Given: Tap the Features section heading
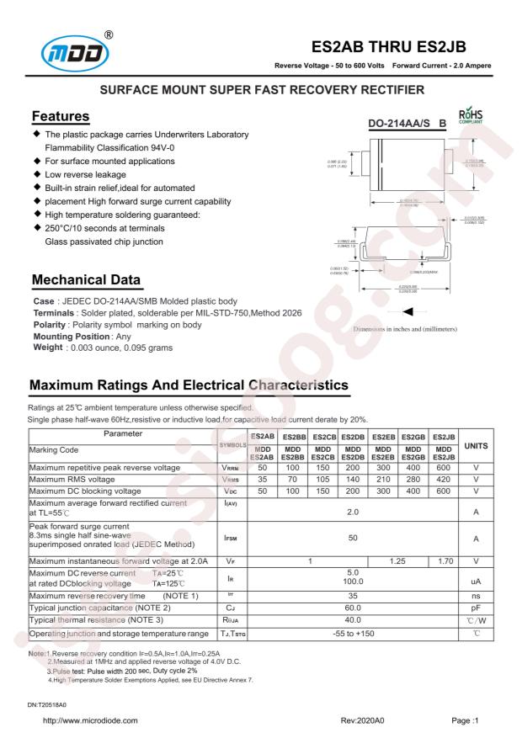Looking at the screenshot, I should pos(60,115).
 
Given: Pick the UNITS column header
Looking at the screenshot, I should pos(476,444).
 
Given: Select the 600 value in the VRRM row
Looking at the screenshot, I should pos(444,467).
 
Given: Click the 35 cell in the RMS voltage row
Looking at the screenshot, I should pos(262,479).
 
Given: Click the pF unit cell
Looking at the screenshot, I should pos(476,606).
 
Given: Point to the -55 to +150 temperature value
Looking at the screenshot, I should pos(353,632).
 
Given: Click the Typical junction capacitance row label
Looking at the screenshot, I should pos(100,606).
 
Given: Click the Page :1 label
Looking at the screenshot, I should pos(465,720).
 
